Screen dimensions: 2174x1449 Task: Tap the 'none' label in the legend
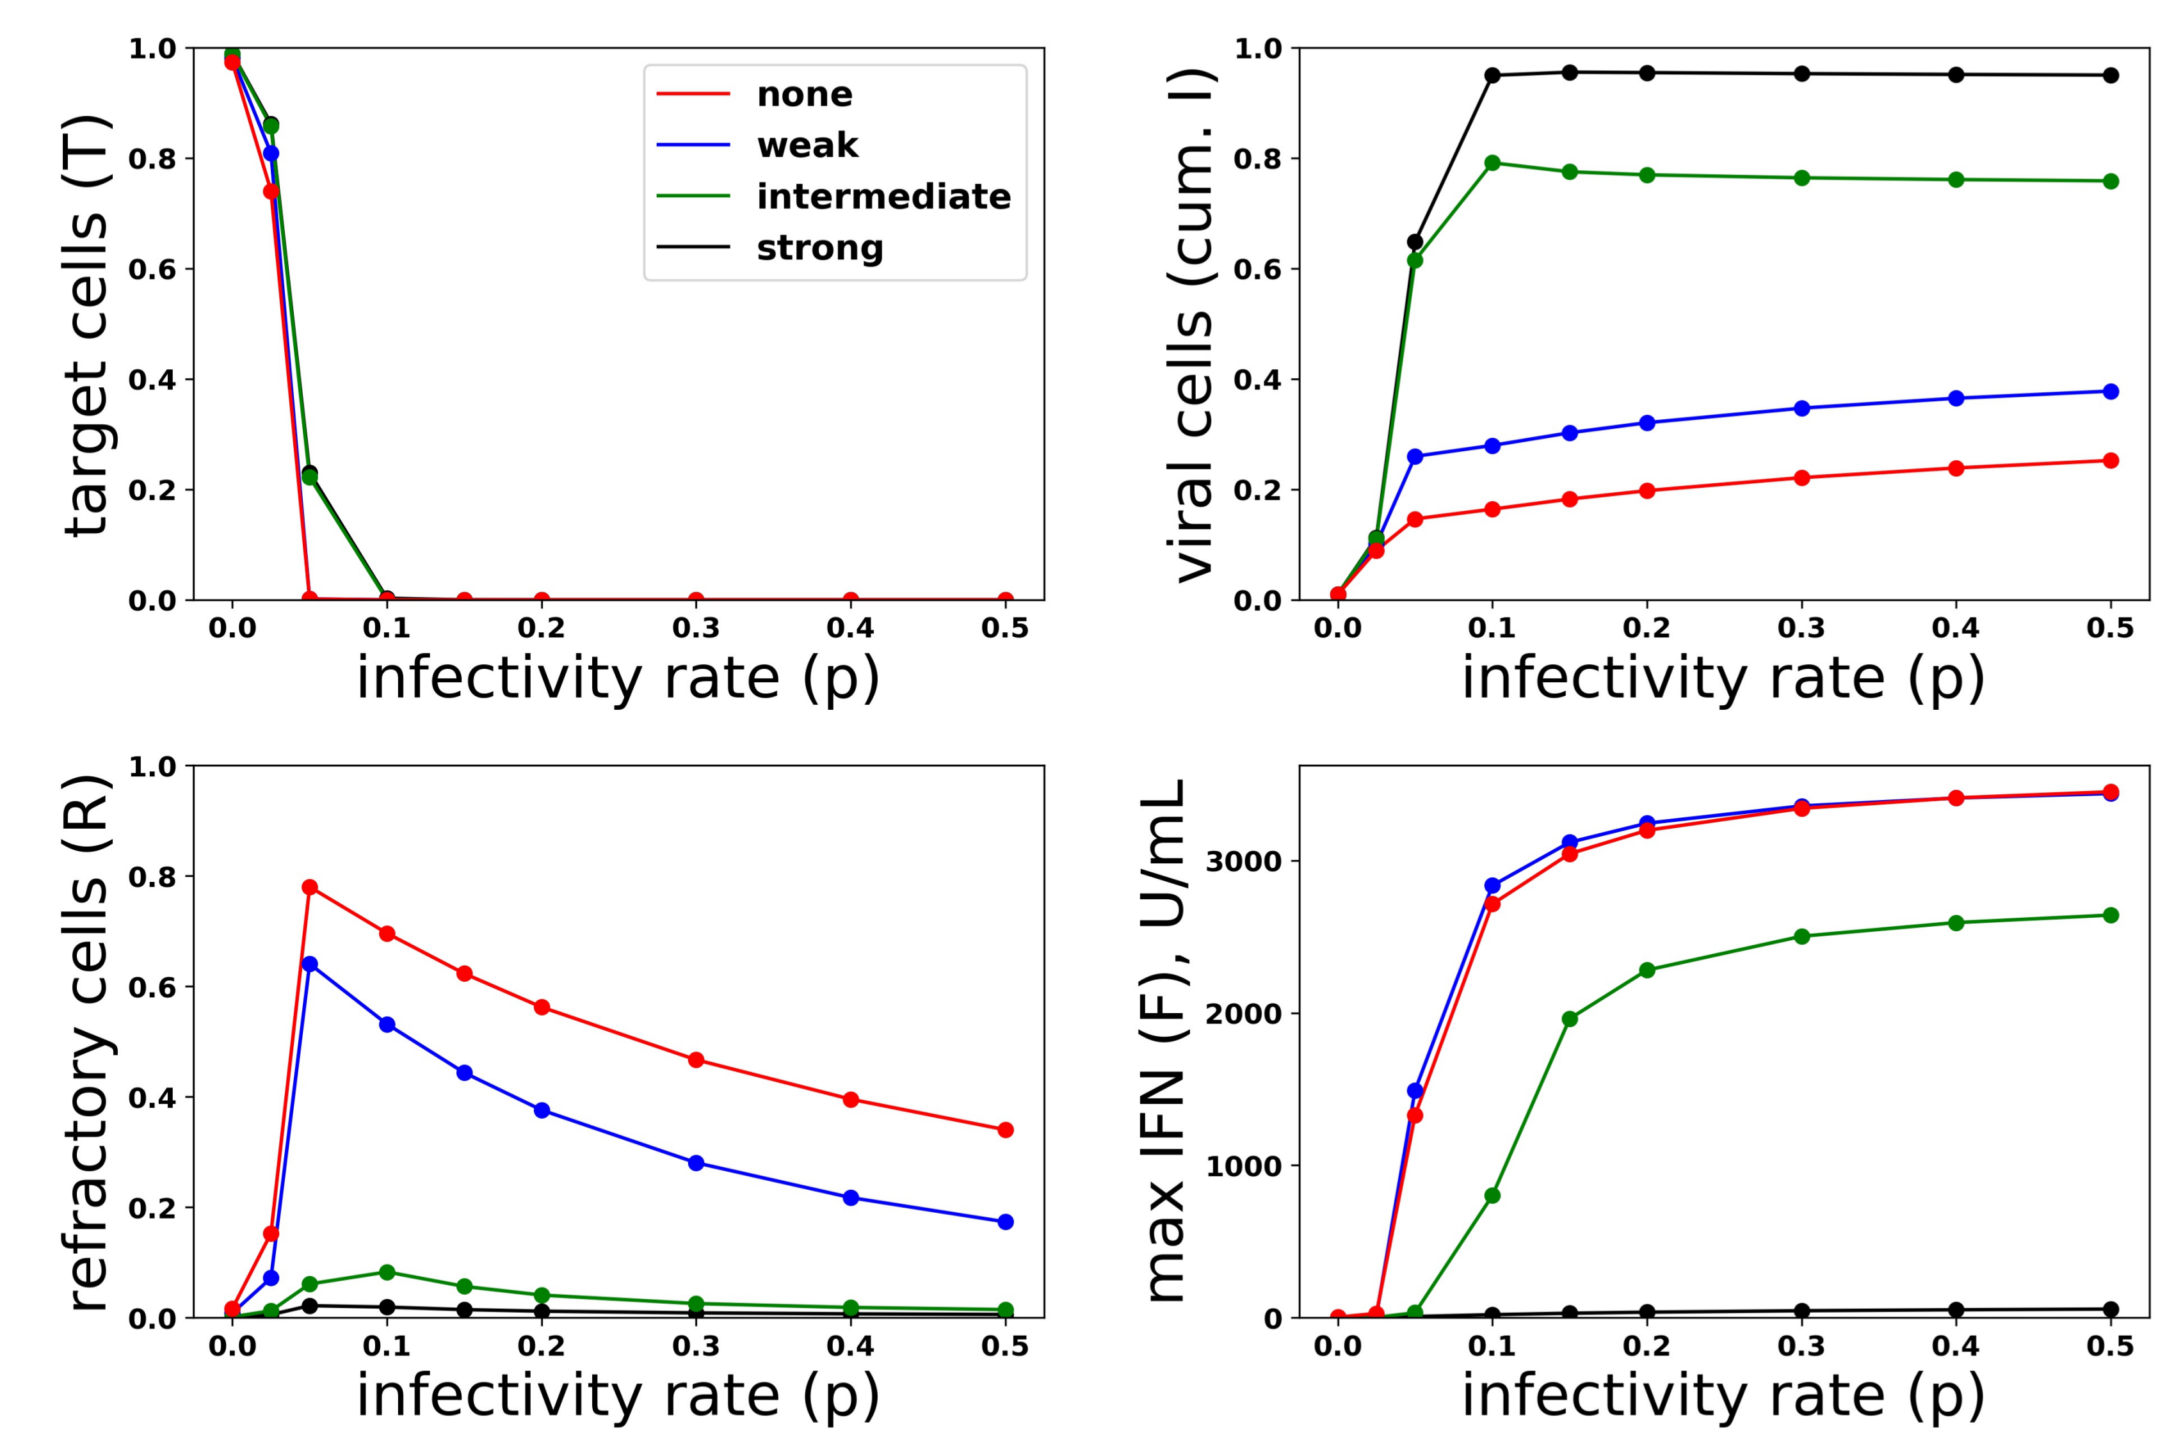pos(804,93)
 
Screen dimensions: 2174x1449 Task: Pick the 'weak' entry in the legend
pos(807,145)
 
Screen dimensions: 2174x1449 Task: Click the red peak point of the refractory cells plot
pos(310,887)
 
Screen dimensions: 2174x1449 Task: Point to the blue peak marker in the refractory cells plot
pos(310,964)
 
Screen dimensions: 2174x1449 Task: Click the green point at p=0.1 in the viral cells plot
pos(1492,163)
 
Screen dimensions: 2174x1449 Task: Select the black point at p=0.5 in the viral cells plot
pos(2110,76)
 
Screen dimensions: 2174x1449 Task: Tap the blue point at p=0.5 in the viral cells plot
pos(2110,392)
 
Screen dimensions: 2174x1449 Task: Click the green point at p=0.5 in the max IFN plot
pos(2110,915)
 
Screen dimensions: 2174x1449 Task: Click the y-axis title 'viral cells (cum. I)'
pos(1193,325)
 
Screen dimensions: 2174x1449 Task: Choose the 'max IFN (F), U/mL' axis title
pos(1164,1041)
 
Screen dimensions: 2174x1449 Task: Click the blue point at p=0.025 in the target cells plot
pos(271,154)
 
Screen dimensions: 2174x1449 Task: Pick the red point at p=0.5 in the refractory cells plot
pos(1006,1130)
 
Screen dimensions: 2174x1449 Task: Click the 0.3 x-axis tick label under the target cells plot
pos(696,628)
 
